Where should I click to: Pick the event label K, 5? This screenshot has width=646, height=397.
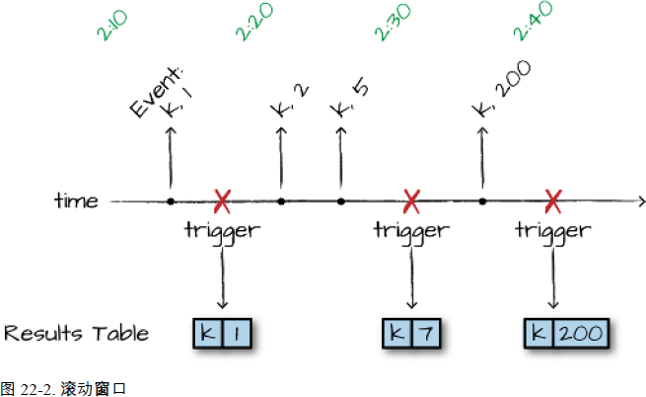348,99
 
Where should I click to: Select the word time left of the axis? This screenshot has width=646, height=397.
76,201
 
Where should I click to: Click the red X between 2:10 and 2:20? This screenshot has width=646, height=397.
223,202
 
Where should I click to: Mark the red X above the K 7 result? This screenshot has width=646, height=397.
411,202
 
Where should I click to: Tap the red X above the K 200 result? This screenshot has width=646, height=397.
553,202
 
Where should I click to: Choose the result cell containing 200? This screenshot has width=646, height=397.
578,334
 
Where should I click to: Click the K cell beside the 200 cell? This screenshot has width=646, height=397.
539,334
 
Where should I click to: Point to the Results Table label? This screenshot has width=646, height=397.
76,333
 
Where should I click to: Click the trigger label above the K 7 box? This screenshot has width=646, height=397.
411,232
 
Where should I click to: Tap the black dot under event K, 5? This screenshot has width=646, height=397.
341,202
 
